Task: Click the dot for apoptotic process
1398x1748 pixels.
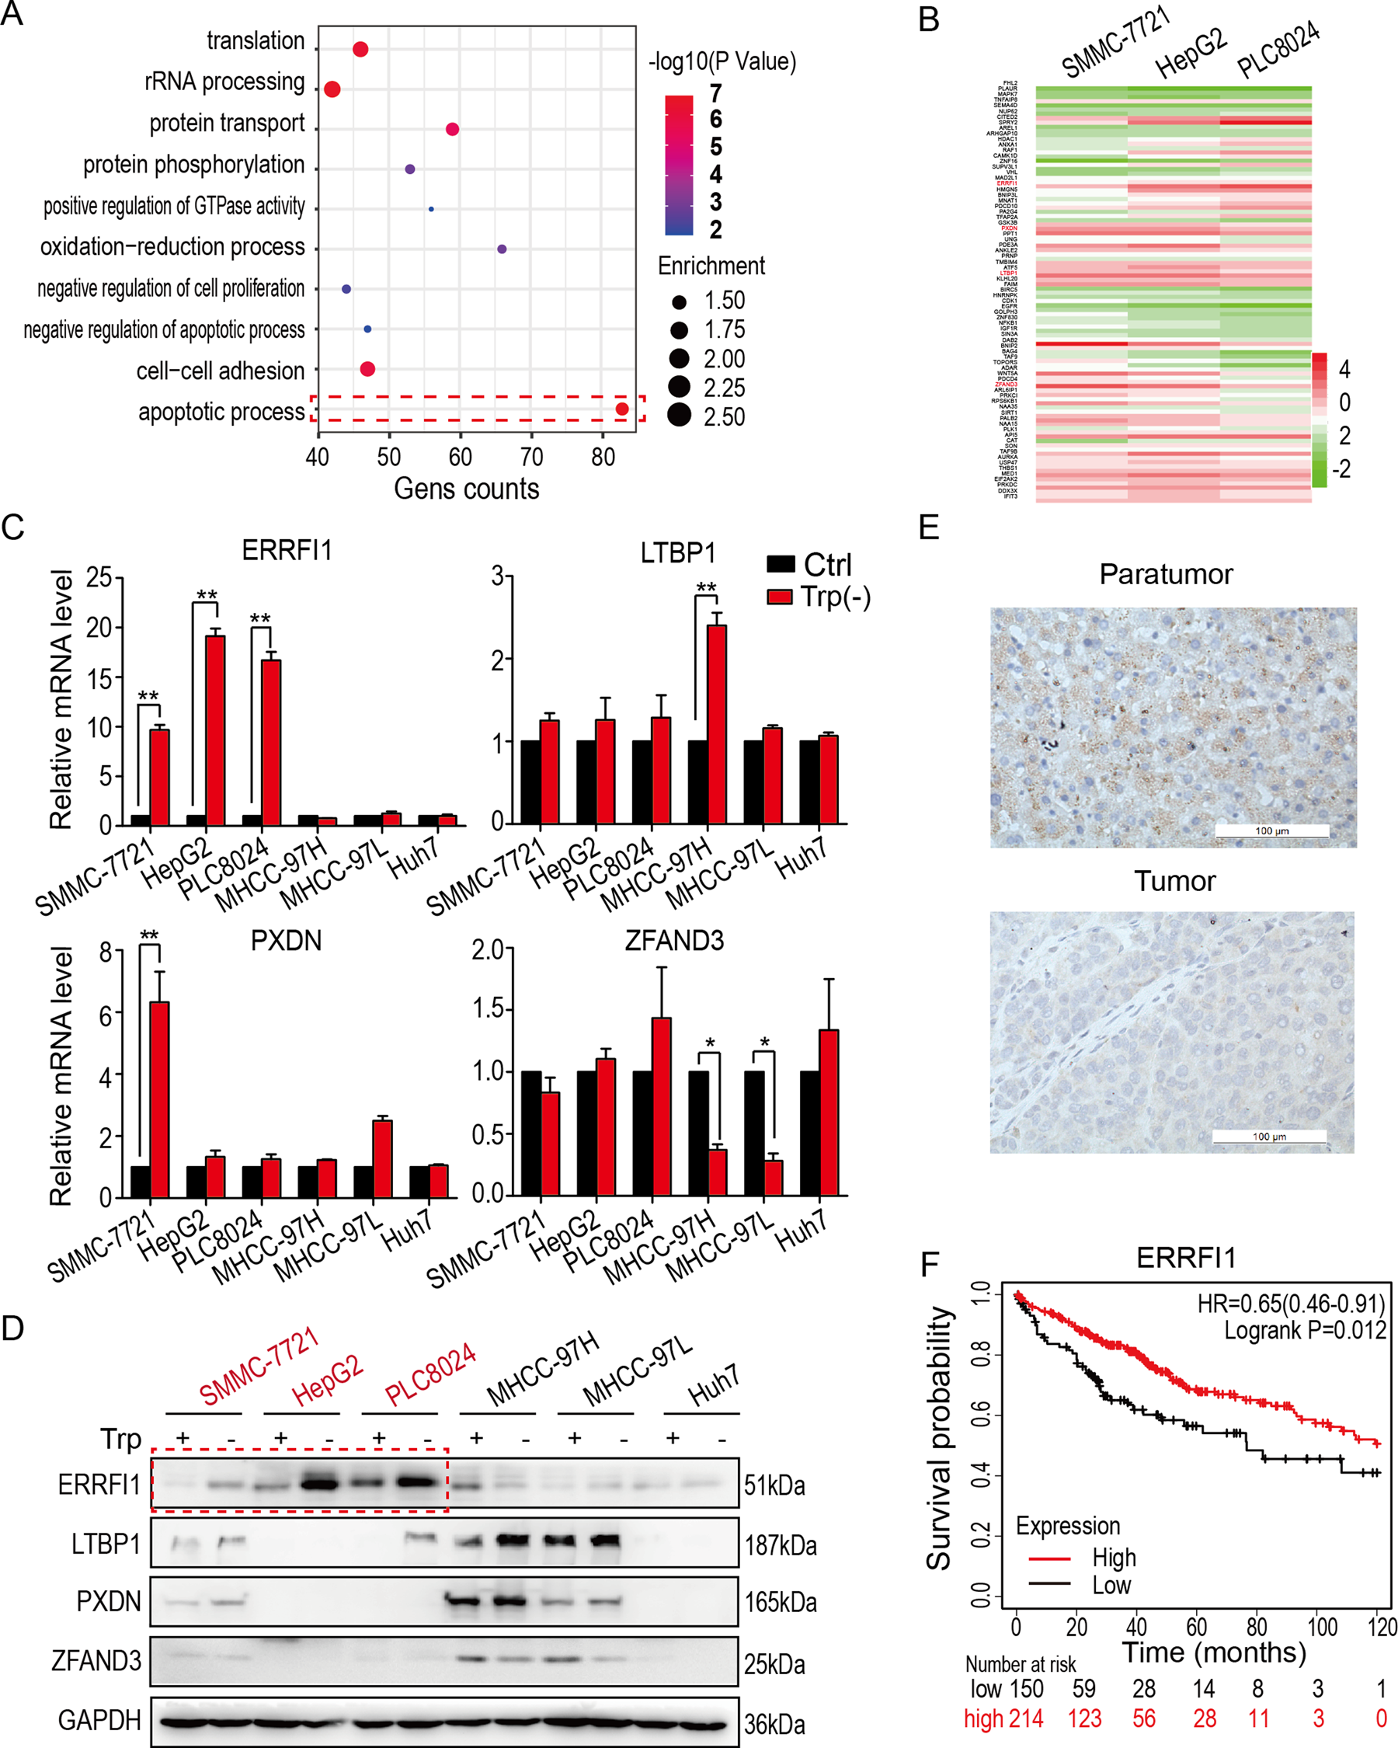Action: (x=621, y=409)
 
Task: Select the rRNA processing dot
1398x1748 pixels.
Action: (x=332, y=89)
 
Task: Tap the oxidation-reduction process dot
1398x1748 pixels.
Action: (x=502, y=249)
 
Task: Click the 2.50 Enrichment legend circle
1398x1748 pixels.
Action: (x=679, y=415)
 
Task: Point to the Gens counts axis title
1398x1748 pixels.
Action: (x=466, y=489)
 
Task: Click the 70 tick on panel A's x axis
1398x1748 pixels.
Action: (x=532, y=458)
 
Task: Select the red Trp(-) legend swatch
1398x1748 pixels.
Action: (x=780, y=597)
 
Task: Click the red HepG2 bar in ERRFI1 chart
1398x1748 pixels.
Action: (x=216, y=729)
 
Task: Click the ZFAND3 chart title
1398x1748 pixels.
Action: (x=673, y=941)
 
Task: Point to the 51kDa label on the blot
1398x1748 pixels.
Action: (x=775, y=1486)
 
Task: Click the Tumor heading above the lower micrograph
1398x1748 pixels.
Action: (x=1174, y=881)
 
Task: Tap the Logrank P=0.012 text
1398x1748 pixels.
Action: (x=1305, y=1331)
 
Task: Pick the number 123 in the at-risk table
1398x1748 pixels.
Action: (x=1084, y=1718)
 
